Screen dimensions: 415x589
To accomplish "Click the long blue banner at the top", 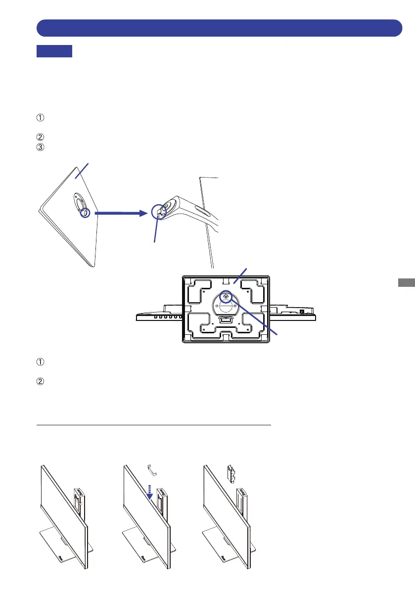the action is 219,28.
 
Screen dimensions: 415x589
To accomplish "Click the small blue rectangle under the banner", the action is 54,51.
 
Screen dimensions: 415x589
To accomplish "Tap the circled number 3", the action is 40,147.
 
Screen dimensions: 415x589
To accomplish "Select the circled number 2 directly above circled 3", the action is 40,137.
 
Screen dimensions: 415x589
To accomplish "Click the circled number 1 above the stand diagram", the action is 40,118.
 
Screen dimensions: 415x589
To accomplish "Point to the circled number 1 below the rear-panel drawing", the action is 40,362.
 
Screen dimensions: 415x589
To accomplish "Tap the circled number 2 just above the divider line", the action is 40,381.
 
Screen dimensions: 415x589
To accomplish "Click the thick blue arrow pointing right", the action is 121,213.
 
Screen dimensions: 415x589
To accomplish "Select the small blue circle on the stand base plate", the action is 85,213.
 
